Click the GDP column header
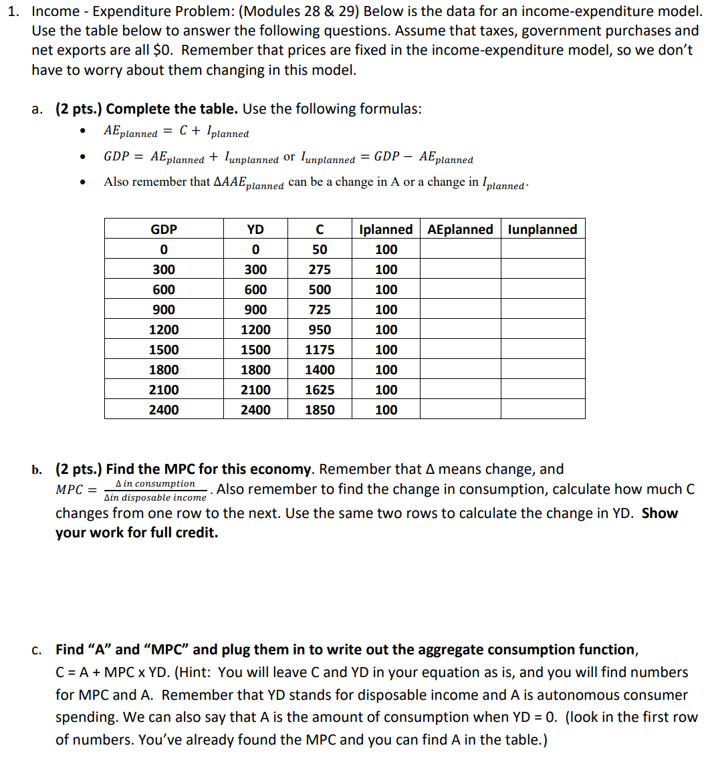(164, 229)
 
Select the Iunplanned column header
(542, 229)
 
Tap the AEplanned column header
(460, 229)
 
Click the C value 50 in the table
(320, 249)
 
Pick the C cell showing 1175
(320, 350)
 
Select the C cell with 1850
(320, 410)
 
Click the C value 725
(320, 309)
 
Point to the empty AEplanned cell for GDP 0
(460, 249)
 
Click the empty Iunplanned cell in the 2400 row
(542, 410)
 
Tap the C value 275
(320, 269)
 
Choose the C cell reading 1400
(320, 370)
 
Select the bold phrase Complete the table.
(172, 109)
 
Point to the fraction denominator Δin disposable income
(155, 498)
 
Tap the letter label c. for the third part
(37, 650)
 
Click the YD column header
(255, 229)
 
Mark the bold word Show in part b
(659, 513)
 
